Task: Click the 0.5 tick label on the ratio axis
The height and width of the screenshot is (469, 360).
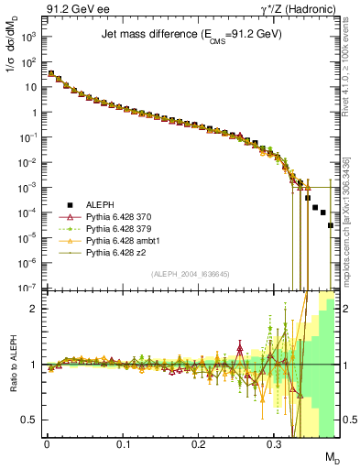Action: (x=30, y=420)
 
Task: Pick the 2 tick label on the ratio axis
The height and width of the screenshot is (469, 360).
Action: (x=34, y=309)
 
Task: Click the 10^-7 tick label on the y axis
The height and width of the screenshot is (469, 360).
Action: (x=27, y=287)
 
